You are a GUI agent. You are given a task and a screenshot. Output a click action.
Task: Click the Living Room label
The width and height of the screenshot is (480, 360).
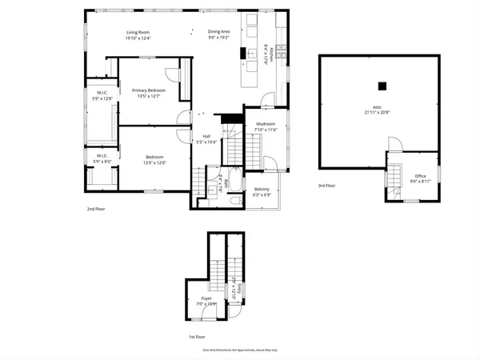click(137, 33)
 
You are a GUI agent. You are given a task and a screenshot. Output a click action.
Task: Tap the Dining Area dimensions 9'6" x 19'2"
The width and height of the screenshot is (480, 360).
click(218, 38)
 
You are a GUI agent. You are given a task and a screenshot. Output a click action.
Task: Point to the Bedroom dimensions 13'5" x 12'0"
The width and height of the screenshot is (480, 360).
click(154, 162)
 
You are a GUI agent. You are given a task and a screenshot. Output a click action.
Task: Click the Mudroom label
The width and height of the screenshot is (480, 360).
click(266, 124)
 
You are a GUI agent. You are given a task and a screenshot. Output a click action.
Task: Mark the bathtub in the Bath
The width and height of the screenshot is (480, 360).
click(232, 183)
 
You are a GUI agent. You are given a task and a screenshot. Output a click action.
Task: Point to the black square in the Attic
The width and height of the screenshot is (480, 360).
click(382, 86)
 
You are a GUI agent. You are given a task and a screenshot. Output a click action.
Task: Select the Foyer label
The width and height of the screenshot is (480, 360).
click(206, 300)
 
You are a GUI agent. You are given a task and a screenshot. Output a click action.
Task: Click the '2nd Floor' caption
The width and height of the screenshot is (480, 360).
click(97, 209)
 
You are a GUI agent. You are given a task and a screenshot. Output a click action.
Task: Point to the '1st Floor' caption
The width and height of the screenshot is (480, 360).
click(198, 337)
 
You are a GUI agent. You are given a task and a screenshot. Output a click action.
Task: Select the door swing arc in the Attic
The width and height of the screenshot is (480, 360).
click(394, 143)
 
